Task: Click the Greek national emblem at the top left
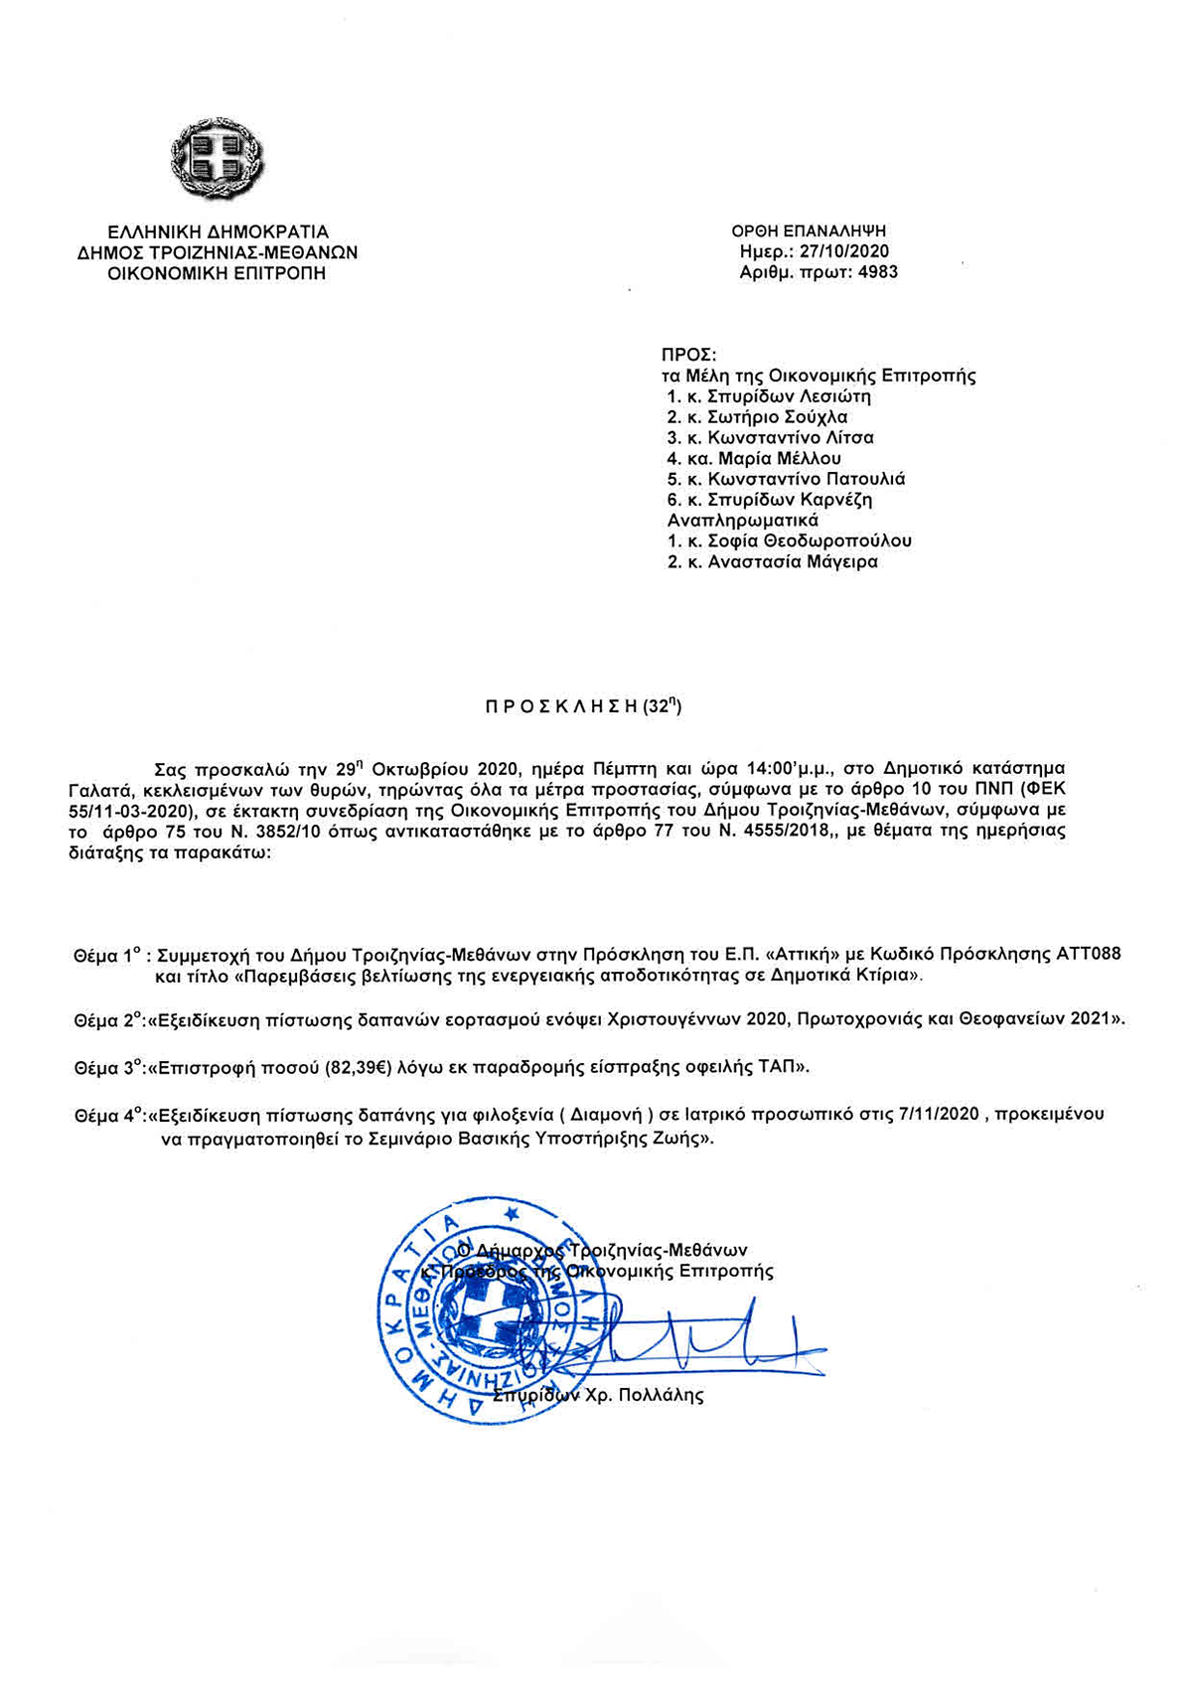218,158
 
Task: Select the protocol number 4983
877,271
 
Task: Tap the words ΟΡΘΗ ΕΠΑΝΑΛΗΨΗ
809,231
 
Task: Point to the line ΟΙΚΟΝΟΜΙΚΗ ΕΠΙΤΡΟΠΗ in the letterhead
217,273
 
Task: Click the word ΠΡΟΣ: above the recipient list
688,355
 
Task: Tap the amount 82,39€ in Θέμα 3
359,1068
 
